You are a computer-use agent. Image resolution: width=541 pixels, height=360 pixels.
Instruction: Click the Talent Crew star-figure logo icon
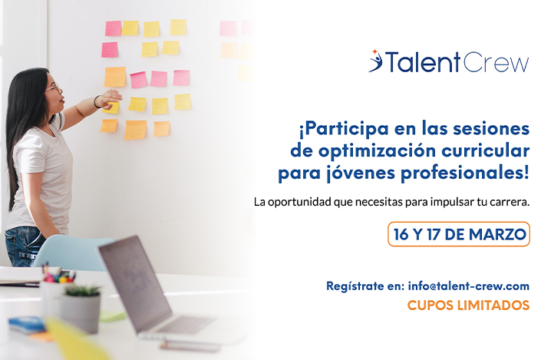[375, 61]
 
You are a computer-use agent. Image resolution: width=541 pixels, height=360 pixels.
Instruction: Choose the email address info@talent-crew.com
[469, 286]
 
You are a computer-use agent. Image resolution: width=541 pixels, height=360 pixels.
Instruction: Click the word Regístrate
[354, 286]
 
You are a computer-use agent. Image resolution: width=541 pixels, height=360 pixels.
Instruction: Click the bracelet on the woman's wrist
[97, 101]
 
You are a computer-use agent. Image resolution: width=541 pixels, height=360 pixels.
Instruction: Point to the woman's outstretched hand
[111, 97]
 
